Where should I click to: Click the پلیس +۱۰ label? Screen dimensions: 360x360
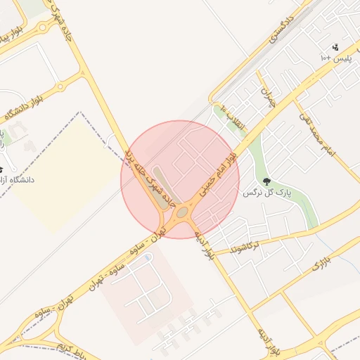pos(335,57)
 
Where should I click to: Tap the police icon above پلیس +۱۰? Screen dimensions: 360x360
pos(335,47)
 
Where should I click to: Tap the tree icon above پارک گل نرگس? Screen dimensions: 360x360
pos(267,181)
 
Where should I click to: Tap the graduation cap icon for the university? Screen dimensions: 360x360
pos(2,169)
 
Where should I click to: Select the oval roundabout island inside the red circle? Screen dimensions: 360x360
pos(182,212)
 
